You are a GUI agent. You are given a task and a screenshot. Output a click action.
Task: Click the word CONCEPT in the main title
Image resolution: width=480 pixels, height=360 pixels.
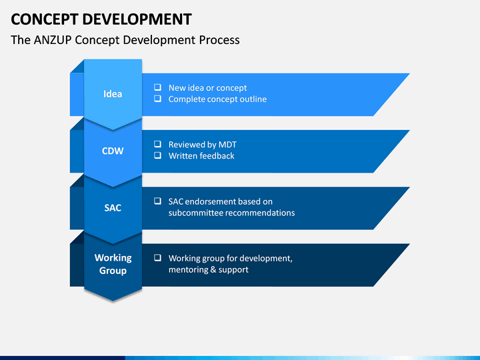pyautogui.click(x=45, y=19)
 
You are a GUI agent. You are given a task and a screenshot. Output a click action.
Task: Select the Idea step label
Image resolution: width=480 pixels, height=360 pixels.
pyautogui.click(x=113, y=94)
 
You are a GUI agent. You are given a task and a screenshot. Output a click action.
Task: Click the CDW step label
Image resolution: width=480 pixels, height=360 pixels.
pyautogui.click(x=113, y=151)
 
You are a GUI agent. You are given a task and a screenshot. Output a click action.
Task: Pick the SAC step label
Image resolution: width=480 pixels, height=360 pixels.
pyautogui.click(x=113, y=208)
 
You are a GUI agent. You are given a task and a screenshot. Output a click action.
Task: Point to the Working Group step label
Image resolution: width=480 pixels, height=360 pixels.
pyautogui.click(x=113, y=264)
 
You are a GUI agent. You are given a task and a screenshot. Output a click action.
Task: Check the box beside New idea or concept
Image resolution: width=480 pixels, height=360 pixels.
pyautogui.click(x=157, y=87)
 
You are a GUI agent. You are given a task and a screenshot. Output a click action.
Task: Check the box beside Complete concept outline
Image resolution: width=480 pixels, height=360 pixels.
pyautogui.click(x=157, y=99)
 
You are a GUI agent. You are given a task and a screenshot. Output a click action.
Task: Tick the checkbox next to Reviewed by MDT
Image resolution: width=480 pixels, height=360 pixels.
pyautogui.click(x=157, y=144)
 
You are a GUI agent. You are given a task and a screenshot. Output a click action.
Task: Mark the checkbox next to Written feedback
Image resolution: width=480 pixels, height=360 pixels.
pyautogui.click(x=157, y=155)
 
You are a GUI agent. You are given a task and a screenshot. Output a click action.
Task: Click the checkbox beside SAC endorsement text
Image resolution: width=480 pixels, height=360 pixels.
pyautogui.click(x=157, y=201)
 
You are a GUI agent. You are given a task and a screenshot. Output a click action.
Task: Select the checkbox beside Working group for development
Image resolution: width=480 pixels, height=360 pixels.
pyautogui.click(x=157, y=257)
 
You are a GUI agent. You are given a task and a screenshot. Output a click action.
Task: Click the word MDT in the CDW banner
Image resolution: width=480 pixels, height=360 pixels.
pyautogui.click(x=227, y=145)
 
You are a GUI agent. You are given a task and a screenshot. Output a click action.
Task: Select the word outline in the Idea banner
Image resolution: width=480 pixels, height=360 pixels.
pyautogui.click(x=253, y=99)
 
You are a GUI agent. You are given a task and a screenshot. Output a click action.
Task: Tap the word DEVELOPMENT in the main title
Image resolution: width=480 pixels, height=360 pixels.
pyautogui.click(x=137, y=19)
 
